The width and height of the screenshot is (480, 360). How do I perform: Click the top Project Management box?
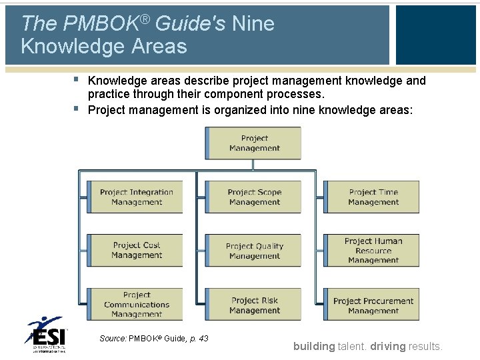click(x=253, y=143)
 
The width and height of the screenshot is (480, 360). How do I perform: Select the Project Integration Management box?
click(x=136, y=197)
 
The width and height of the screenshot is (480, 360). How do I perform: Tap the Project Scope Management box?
click(x=254, y=197)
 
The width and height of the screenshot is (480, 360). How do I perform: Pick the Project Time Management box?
click(x=373, y=197)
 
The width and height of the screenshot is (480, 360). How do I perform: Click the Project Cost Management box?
click(x=136, y=251)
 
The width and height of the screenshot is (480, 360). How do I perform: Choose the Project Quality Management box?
click(x=254, y=251)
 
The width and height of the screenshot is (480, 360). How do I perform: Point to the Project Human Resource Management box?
click(x=373, y=251)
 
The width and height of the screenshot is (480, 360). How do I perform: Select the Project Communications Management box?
click(x=136, y=305)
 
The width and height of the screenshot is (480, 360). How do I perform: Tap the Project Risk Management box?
click(x=254, y=305)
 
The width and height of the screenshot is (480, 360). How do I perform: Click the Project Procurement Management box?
click(x=373, y=305)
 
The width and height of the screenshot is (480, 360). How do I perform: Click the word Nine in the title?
click(x=253, y=25)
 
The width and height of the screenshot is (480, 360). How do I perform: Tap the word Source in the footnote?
click(x=113, y=339)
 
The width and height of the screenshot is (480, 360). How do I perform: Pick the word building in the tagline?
click(x=314, y=346)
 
